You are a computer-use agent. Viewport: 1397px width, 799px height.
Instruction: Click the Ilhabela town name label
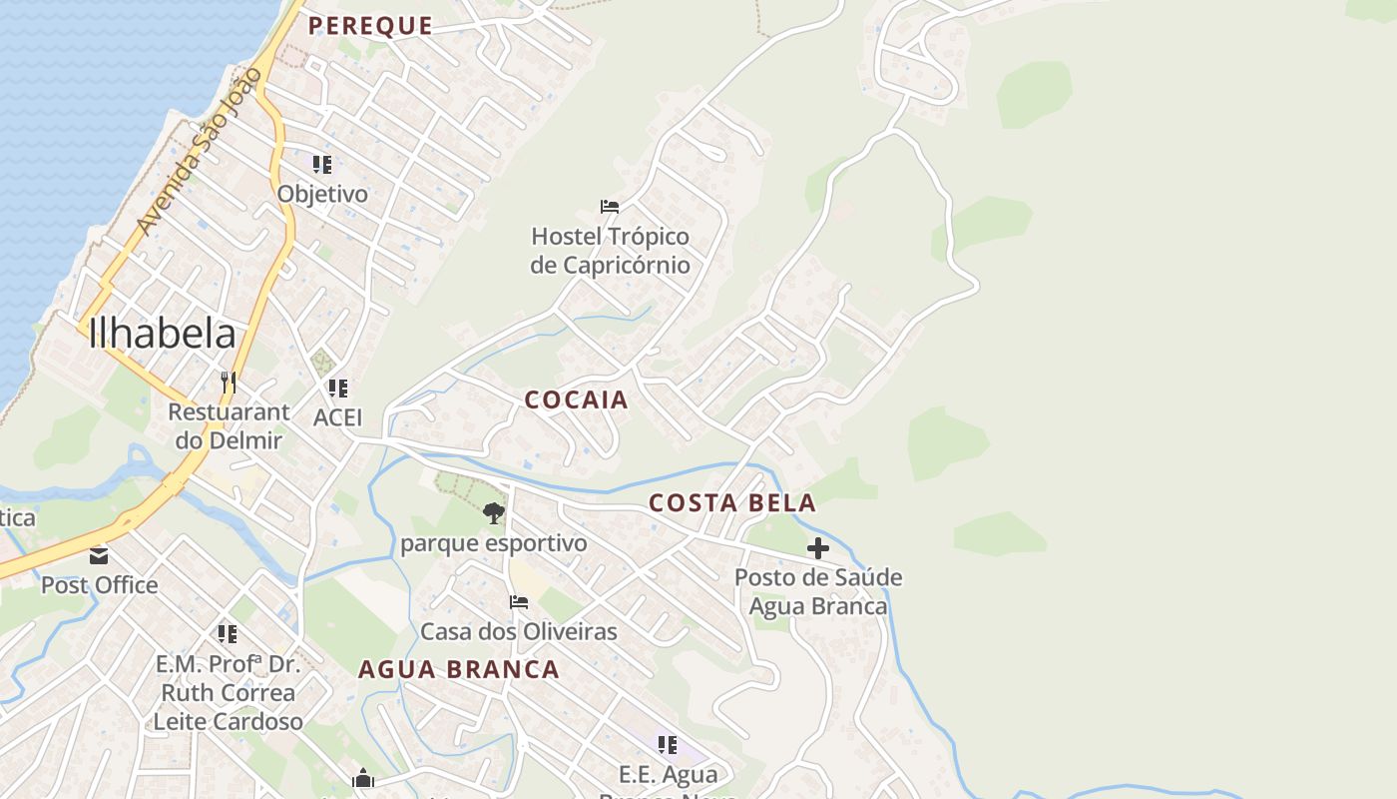(x=163, y=334)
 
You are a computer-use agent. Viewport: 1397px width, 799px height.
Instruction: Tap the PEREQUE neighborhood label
(x=370, y=26)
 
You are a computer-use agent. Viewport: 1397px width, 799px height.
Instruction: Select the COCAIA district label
(x=577, y=399)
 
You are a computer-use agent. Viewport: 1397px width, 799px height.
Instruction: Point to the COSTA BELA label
(x=732, y=503)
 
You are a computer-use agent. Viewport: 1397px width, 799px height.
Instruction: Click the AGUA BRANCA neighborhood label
(x=459, y=669)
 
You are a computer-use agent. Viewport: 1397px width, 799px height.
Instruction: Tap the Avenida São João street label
(x=200, y=152)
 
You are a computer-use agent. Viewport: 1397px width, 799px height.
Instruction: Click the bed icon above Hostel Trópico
(x=610, y=207)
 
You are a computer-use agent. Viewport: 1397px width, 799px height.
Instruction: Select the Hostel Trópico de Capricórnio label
(x=610, y=251)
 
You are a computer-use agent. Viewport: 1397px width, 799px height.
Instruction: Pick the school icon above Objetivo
(x=321, y=164)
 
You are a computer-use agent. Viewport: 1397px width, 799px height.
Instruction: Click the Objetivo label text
(x=322, y=194)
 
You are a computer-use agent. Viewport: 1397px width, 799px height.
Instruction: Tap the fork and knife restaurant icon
(x=229, y=382)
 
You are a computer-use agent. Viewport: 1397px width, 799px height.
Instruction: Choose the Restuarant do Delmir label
(x=229, y=425)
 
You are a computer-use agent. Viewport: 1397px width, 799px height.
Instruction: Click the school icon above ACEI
(x=338, y=388)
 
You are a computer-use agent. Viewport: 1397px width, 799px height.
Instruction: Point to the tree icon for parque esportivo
(x=493, y=513)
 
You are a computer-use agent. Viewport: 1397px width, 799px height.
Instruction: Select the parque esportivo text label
(x=493, y=543)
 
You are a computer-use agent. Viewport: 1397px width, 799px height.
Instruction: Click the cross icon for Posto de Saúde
(x=818, y=547)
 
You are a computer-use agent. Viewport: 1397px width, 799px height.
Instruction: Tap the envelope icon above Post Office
(x=99, y=555)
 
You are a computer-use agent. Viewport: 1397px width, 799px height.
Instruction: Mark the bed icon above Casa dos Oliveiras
(x=519, y=602)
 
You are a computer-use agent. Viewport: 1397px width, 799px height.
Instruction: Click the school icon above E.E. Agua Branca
(x=668, y=744)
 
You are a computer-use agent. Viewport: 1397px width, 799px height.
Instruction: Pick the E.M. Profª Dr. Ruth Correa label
(x=228, y=692)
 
